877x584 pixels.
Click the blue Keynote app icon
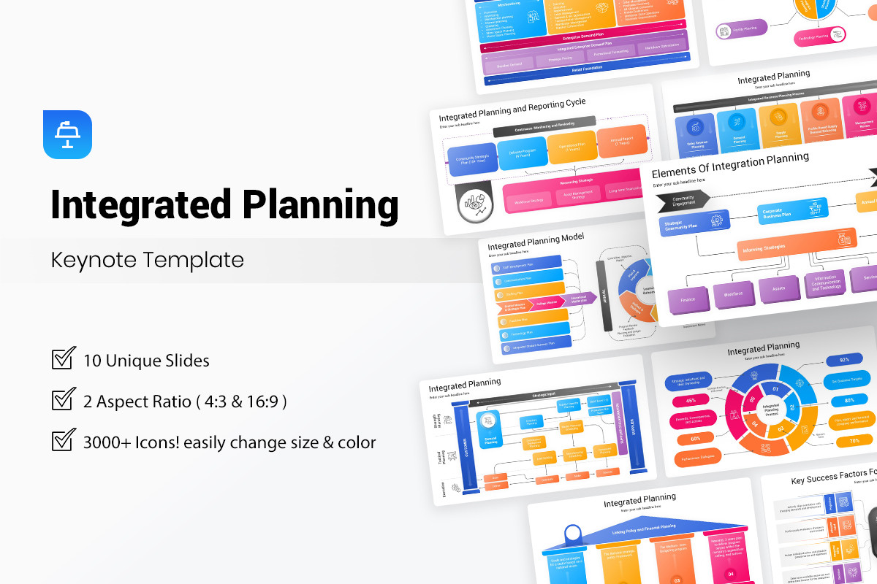click(x=67, y=134)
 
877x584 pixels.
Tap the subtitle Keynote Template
click(x=147, y=260)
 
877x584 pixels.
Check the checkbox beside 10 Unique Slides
click(x=64, y=358)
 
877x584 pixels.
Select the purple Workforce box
click(x=733, y=294)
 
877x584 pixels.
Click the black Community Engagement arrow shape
click(x=683, y=199)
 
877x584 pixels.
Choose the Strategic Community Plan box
click(x=690, y=225)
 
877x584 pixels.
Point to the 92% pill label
click(x=844, y=359)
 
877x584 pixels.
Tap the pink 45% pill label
click(x=690, y=400)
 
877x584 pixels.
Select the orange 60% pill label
click(x=696, y=439)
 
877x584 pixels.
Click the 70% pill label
click(x=853, y=441)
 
